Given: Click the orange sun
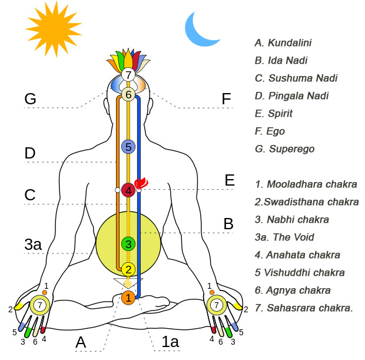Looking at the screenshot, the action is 54,29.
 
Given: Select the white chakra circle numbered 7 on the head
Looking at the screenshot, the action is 128,75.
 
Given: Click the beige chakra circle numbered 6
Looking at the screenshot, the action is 128,94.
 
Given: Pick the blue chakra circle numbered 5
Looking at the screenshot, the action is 128,147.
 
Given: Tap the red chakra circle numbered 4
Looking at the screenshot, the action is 128,190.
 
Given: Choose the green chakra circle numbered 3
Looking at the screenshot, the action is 128,244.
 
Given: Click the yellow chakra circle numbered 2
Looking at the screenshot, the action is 128,269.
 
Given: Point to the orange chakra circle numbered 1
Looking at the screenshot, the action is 128,298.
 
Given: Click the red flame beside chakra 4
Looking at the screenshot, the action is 141,183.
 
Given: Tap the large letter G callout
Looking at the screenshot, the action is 30,98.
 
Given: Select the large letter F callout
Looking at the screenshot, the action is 226,98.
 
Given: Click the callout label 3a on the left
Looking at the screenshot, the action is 33,245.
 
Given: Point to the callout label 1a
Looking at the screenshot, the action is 170,342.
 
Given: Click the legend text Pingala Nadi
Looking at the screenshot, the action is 298,96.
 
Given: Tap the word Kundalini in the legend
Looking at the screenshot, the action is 290,43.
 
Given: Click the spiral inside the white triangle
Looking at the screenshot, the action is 128,283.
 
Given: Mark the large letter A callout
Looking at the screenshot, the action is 81,342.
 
